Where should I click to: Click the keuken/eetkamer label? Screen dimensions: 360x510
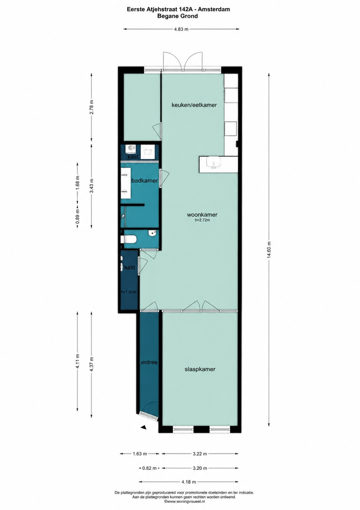point(194,105)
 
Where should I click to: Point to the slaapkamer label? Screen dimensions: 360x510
point(200,369)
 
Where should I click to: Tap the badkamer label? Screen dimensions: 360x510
point(145,180)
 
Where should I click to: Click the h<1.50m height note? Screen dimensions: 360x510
point(129,292)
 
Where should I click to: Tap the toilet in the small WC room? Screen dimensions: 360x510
point(128,240)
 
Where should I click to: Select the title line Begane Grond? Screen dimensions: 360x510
point(178,16)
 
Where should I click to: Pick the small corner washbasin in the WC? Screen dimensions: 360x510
point(152,233)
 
